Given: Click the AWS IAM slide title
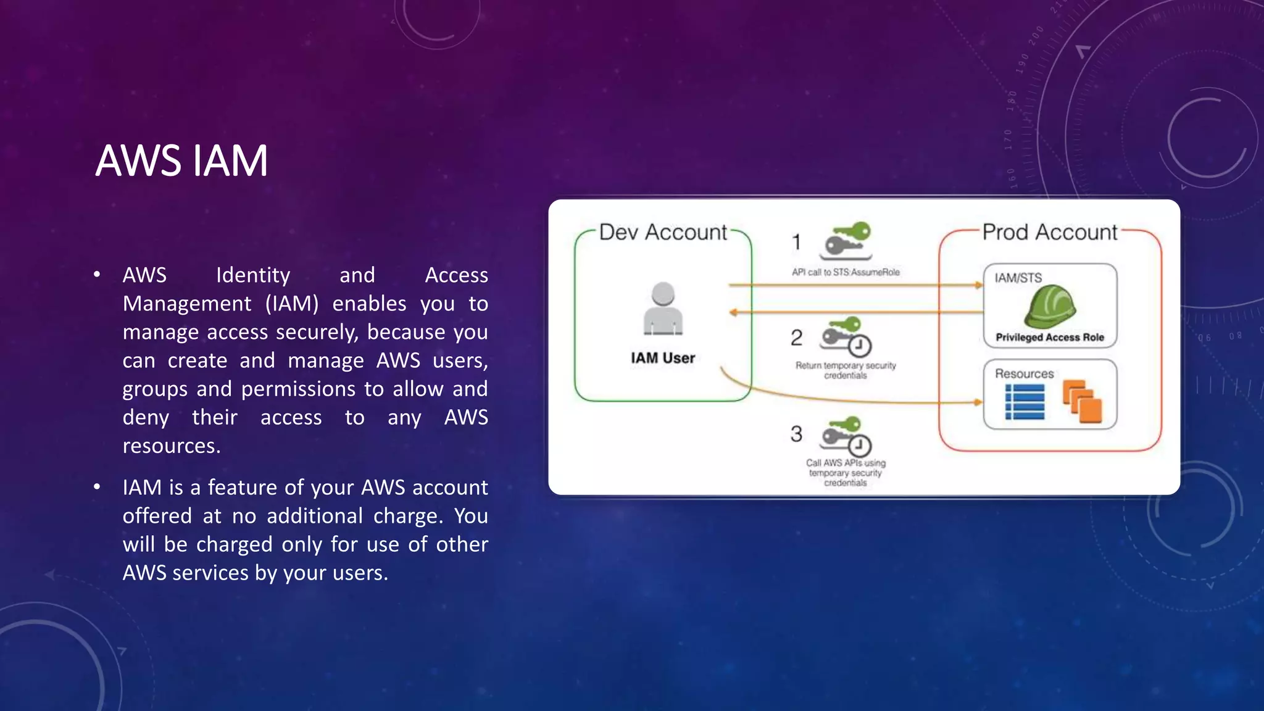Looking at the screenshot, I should (x=182, y=161).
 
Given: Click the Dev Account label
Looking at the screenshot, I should (x=663, y=233).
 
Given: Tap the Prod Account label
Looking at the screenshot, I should (x=1050, y=233).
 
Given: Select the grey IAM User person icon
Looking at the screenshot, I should (x=663, y=309).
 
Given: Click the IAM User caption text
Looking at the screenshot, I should (x=663, y=358).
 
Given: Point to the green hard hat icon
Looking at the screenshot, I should (x=1050, y=306).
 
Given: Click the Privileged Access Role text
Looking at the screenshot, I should (x=1050, y=338).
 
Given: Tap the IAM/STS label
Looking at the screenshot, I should (x=1018, y=278).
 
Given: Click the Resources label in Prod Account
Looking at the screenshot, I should (x=1025, y=374).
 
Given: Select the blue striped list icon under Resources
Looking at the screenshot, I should (x=1025, y=402).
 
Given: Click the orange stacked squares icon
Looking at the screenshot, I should (x=1083, y=402).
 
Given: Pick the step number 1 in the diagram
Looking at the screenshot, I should (x=797, y=242).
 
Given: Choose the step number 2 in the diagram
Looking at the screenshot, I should (x=797, y=338).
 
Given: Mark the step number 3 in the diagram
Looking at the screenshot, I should (x=797, y=434).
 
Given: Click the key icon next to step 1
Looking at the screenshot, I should (x=846, y=241).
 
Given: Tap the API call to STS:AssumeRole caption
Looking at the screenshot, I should (x=846, y=272).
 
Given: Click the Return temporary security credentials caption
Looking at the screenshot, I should (x=846, y=370).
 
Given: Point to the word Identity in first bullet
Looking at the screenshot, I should (x=253, y=275).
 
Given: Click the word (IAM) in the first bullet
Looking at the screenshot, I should (x=292, y=304).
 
